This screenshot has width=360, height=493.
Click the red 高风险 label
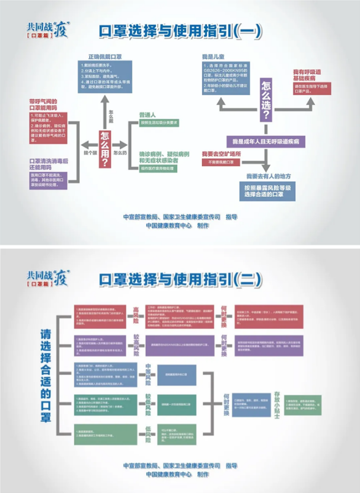click(135, 317)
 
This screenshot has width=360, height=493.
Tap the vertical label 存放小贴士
click(276, 405)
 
